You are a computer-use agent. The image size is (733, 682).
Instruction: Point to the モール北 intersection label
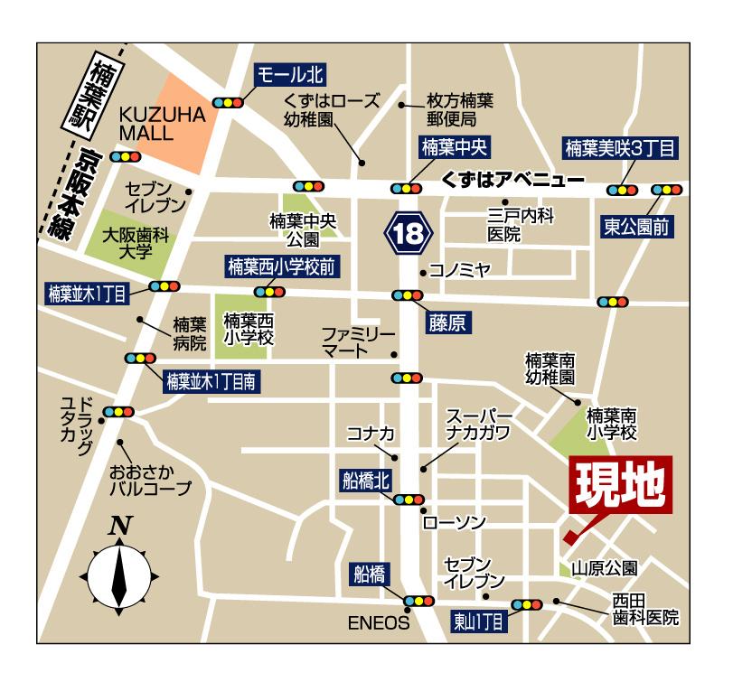291,75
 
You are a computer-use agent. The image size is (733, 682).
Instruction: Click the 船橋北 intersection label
365,480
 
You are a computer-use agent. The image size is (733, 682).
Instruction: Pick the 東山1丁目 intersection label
480,621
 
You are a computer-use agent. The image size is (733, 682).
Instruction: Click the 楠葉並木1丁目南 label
213,382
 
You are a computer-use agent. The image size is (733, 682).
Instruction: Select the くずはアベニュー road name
512,180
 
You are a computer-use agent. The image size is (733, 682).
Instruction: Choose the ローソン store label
455,523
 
